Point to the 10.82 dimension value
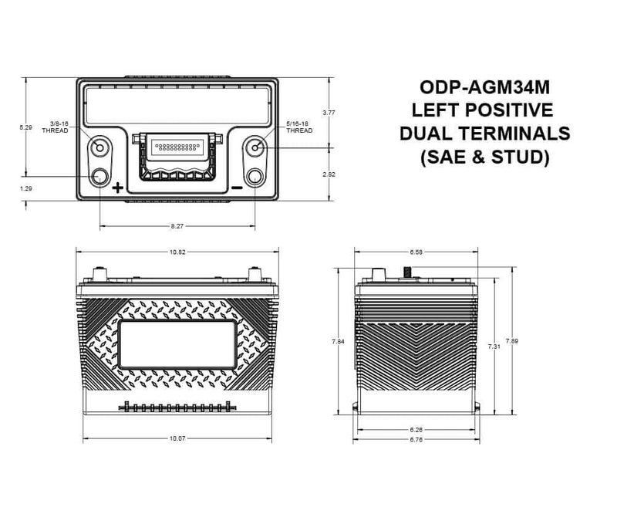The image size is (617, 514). [x=177, y=252]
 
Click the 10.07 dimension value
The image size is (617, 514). [x=177, y=439]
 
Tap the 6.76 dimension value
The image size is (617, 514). [x=415, y=441]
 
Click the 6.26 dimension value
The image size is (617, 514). [x=415, y=429]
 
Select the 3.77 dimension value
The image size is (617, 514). [x=329, y=113]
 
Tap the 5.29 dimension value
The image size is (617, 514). [x=26, y=127]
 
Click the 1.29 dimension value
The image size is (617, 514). [x=26, y=188]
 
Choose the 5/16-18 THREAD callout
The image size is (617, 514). [x=298, y=127]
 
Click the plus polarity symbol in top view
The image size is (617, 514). [x=117, y=188]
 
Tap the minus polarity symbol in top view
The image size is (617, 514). [x=237, y=188]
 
